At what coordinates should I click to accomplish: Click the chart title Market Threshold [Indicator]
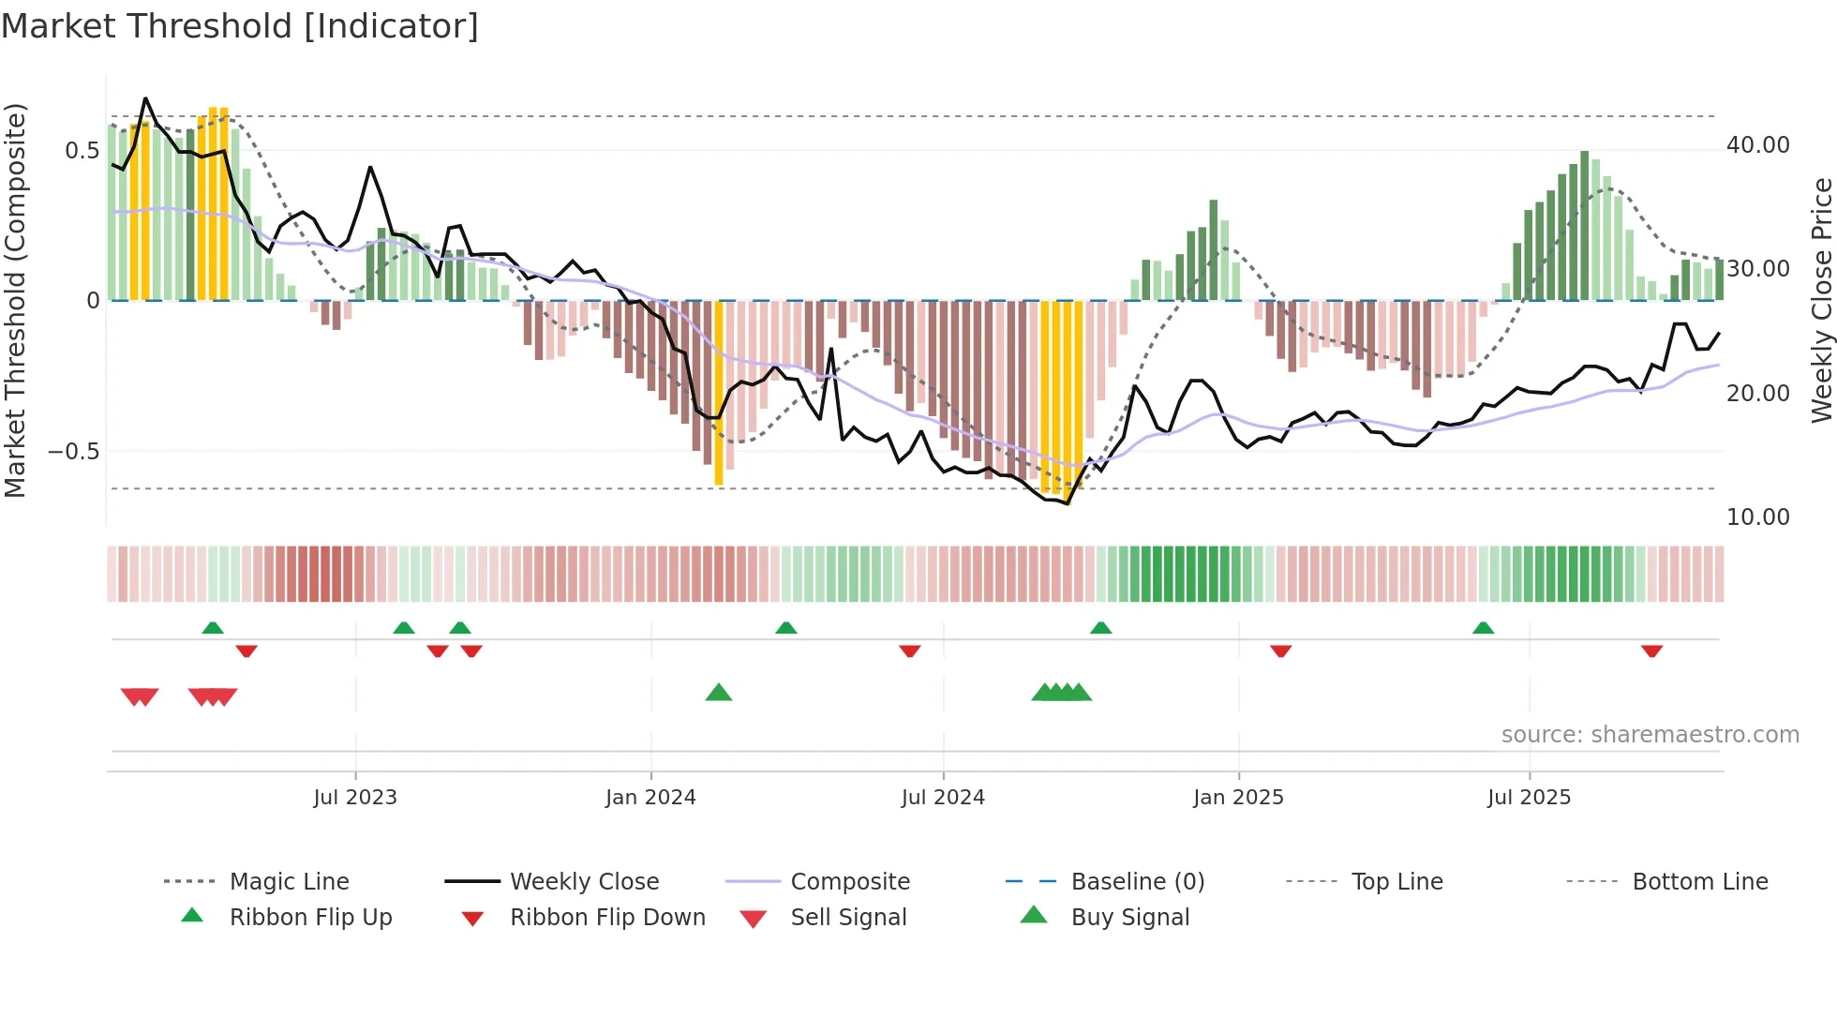tap(240, 26)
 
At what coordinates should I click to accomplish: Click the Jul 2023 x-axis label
tap(355, 798)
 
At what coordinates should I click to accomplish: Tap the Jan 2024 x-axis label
tap(650, 798)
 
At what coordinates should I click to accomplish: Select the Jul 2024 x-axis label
tap(943, 798)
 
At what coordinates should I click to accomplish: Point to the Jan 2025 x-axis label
tap(1238, 798)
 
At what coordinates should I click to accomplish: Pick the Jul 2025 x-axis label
tap(1529, 798)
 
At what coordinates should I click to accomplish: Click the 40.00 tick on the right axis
tap(1757, 145)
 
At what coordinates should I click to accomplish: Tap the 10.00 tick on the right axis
tap(1757, 517)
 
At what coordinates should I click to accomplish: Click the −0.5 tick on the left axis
tap(73, 452)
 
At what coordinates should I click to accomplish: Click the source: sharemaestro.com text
tap(1650, 735)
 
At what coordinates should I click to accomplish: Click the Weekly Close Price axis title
tap(1821, 300)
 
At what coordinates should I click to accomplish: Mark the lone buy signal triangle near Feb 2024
tap(719, 693)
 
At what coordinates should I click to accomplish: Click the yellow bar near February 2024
tap(719, 394)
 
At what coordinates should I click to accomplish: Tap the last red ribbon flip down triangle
tap(1651, 651)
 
